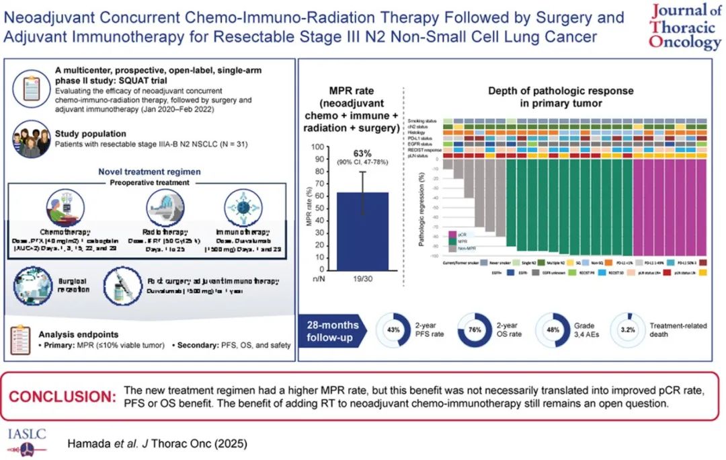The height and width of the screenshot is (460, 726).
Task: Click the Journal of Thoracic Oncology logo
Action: point(684,27)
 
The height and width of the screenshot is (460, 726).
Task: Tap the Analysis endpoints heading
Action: point(83,334)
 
